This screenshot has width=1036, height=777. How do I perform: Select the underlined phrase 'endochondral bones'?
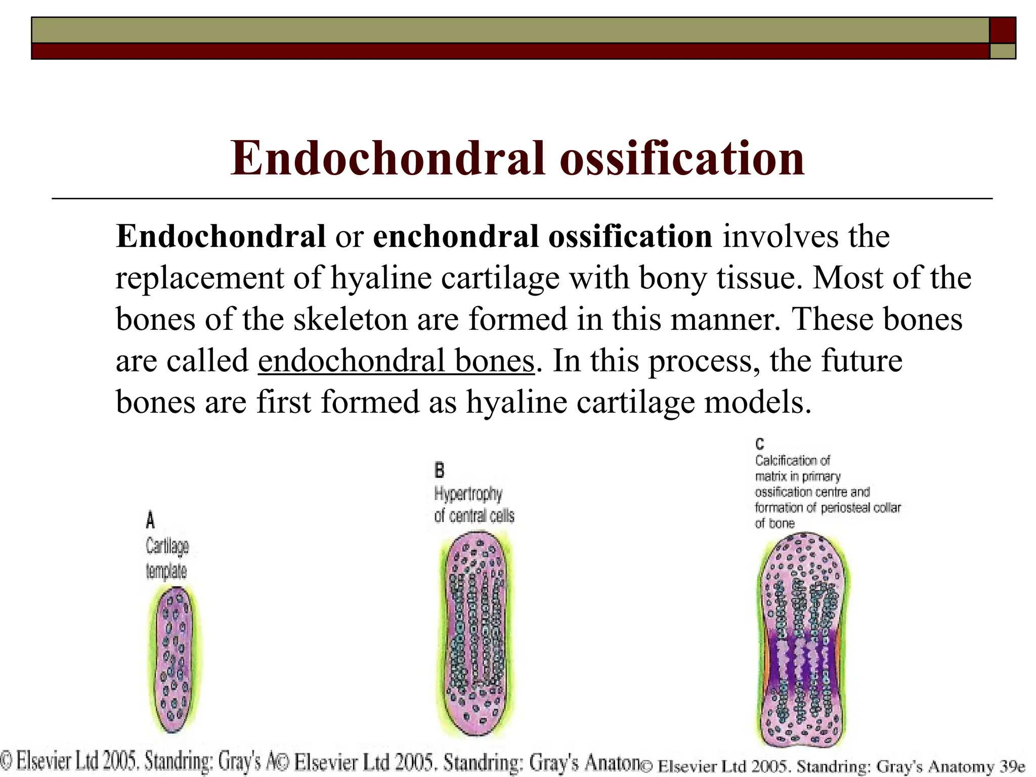coord(396,361)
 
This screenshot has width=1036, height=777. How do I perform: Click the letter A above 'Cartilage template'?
coord(150,520)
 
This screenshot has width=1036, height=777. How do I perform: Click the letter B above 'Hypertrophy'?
coord(439,470)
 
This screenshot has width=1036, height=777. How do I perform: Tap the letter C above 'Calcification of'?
coord(759,444)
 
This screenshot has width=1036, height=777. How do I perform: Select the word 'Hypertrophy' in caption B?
coord(468,493)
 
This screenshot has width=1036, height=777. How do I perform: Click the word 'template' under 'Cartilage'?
coord(166,572)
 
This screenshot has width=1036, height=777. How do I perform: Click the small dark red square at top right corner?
coord(1002,30)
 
